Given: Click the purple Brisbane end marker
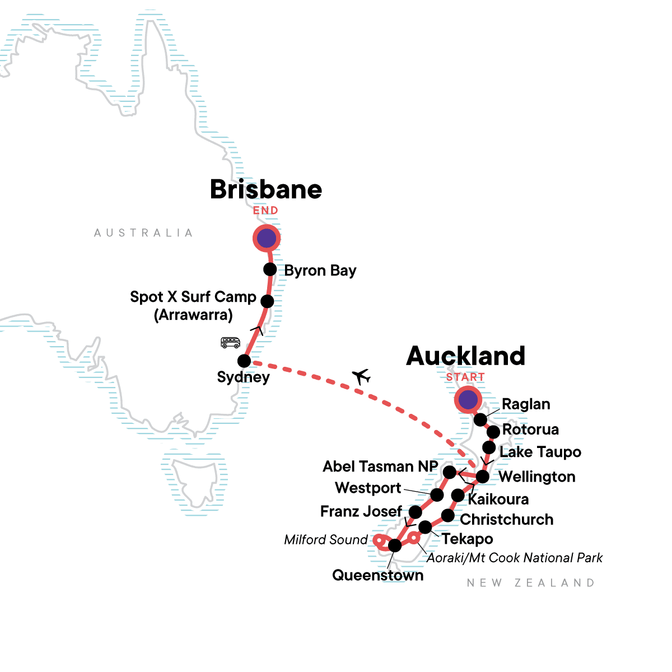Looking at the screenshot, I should tap(267, 239).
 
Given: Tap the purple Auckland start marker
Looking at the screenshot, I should tap(468, 400).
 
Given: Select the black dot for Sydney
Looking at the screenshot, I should tap(244, 361).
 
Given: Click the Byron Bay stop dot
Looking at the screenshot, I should tap(270, 269).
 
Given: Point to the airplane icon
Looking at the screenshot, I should tap(362, 376).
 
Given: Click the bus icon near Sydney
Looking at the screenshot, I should tap(230, 342).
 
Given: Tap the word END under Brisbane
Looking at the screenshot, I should tap(265, 211).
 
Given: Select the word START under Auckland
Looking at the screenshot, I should tap(465, 377).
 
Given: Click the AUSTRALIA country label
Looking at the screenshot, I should tap(143, 233).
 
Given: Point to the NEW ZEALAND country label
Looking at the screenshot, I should tap(531, 583).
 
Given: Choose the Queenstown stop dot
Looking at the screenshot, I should tap(395, 545).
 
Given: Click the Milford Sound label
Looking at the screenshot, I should tap(326, 540).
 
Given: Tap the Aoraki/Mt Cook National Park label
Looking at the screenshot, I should tap(515, 558).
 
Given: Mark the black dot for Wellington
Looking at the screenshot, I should tap(482, 477).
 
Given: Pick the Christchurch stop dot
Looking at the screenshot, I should tap(447, 515).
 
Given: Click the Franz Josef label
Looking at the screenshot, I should tap(361, 511).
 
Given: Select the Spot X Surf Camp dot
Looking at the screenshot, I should tap(267, 301).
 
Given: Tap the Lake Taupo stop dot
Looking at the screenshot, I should tap(489, 447).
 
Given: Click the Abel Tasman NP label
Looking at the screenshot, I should tap(380, 466).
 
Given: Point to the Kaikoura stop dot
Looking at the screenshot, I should tap(458, 495).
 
